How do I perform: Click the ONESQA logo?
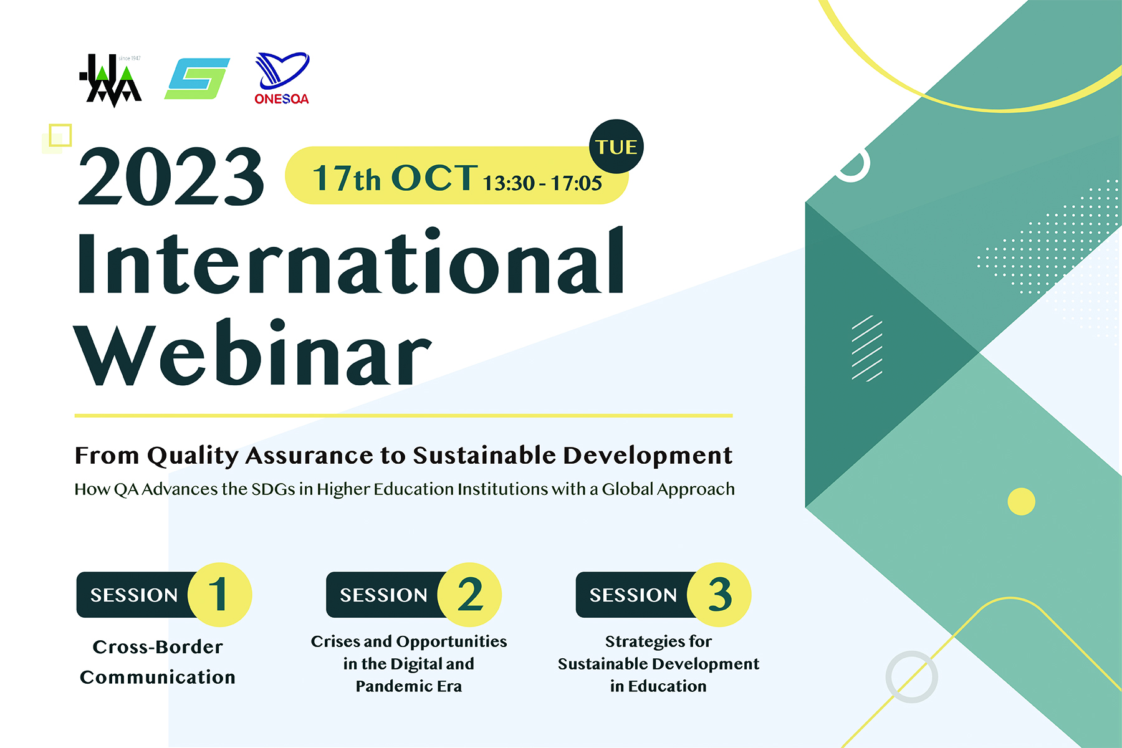282,79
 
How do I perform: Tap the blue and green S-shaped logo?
197,79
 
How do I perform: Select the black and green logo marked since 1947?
111,80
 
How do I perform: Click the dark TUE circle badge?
616,146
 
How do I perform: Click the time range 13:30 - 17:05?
542,183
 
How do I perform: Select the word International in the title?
350,261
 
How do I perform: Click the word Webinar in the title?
253,352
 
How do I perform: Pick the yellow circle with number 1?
219,595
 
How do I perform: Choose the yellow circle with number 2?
469,595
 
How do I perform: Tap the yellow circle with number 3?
719,595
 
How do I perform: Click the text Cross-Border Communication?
158,662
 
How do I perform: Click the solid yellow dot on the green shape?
1021,501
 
